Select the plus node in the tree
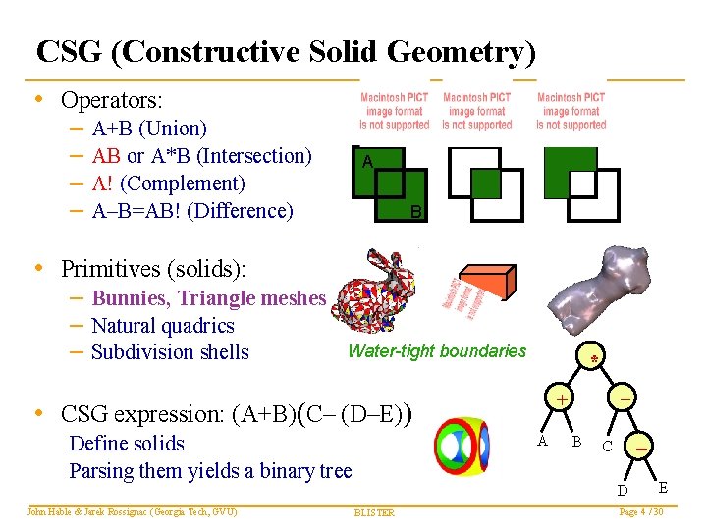560,400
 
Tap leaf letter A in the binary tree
541,441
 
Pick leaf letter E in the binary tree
664,487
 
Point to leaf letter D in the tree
622,489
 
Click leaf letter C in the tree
608,446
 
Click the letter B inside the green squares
415,212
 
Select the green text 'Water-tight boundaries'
437,351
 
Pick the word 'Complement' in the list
186,184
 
